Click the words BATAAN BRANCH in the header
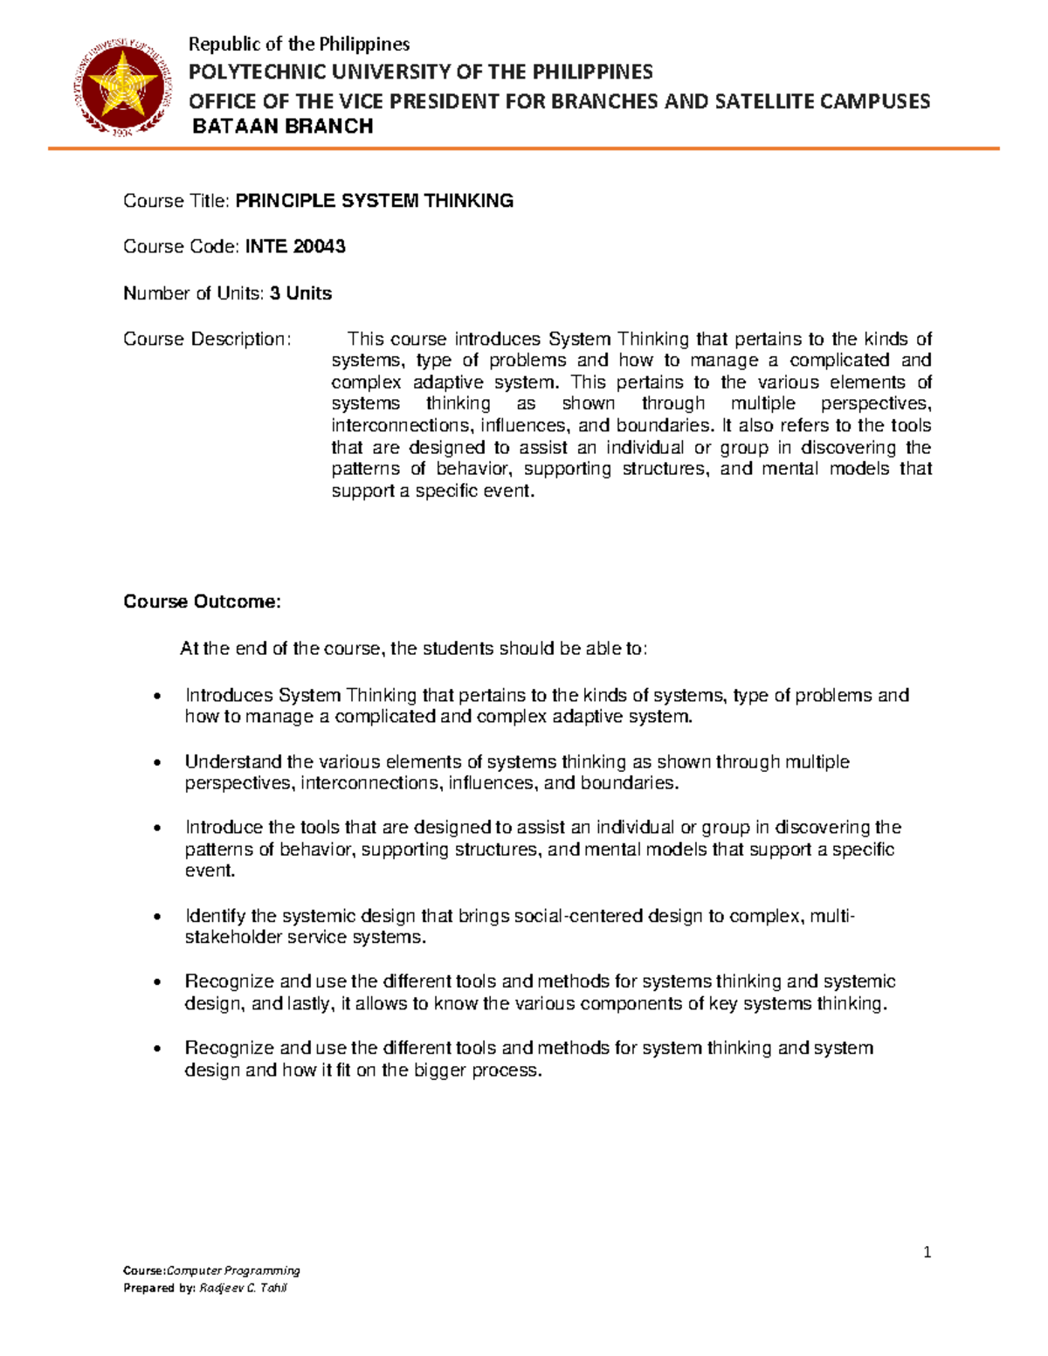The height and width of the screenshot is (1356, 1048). click(282, 127)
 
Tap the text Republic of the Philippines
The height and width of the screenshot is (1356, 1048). click(300, 44)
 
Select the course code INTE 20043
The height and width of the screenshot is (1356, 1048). click(295, 247)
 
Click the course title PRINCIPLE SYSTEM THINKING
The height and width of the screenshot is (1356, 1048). click(375, 201)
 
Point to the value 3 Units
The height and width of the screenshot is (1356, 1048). click(300, 293)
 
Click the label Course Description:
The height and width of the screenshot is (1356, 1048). click(206, 339)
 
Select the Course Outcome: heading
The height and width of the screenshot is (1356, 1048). click(202, 602)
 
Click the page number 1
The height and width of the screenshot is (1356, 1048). click(927, 1252)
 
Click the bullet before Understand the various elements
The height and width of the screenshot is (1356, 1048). click(156, 762)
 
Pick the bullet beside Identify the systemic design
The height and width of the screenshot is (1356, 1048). click(156, 917)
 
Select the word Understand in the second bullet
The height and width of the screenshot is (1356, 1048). click(233, 761)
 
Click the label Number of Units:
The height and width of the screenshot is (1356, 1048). click(193, 293)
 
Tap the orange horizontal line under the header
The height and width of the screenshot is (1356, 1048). click(523, 149)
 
